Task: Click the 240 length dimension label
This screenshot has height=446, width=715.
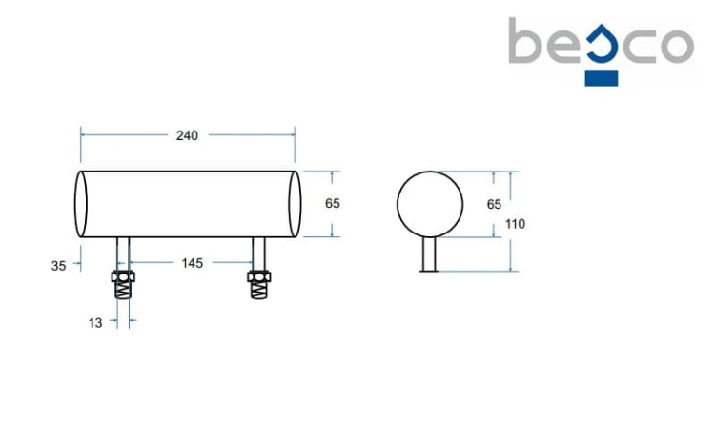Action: [x=187, y=135]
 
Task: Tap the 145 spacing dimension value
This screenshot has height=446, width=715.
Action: [x=192, y=263]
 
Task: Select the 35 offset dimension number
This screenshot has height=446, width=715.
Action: [x=58, y=266]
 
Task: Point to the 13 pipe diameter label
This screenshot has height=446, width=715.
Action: [x=95, y=323]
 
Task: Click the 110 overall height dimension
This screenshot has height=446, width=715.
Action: [x=515, y=224]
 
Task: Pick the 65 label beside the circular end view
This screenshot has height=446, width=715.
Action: [x=494, y=204]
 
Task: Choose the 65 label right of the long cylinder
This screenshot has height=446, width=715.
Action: [x=333, y=203]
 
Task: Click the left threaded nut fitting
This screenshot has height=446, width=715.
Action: [x=123, y=285]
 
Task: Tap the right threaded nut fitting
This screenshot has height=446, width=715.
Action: [x=259, y=285]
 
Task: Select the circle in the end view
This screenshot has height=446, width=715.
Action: [x=398, y=204]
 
